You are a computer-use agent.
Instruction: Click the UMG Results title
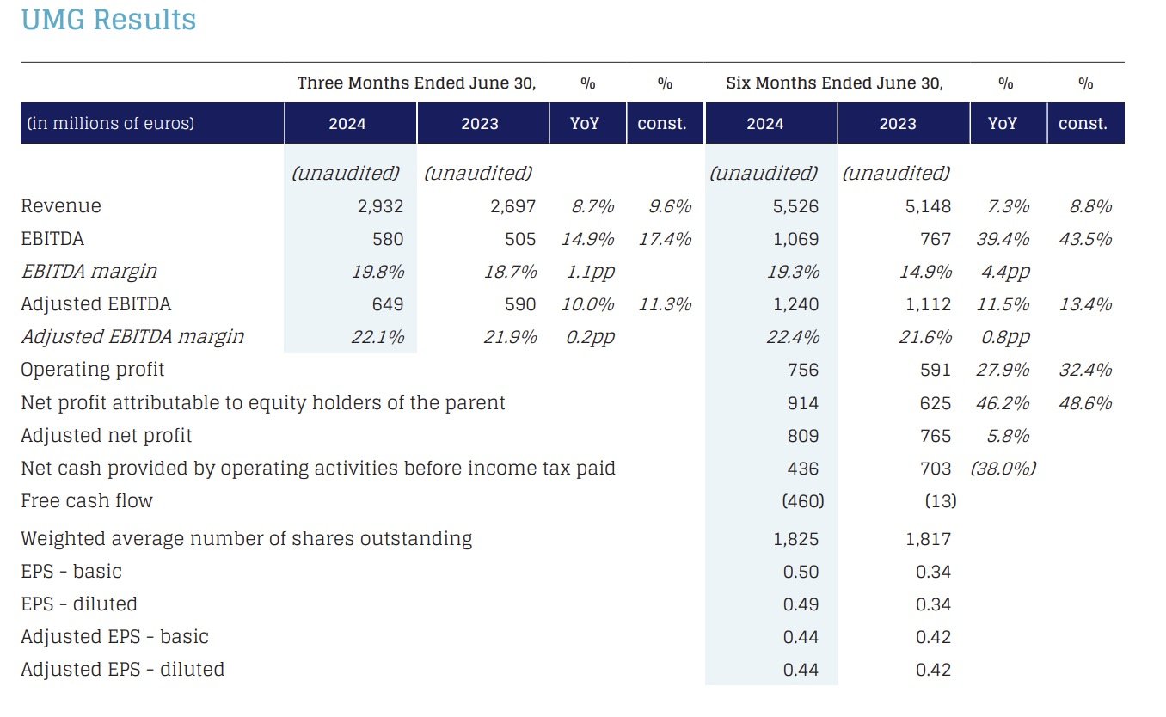click(108, 20)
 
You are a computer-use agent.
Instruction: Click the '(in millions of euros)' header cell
click(110, 123)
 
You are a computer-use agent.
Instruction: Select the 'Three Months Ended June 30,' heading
click(416, 83)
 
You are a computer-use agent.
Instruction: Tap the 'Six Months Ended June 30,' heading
click(834, 83)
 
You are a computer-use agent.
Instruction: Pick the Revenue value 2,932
click(380, 206)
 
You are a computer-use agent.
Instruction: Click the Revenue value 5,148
click(928, 206)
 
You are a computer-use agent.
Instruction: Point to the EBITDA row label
click(52, 239)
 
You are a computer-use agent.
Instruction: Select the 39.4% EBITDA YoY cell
click(1003, 239)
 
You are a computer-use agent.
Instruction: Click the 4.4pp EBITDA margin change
click(1006, 272)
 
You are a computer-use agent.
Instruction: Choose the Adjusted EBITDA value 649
click(388, 304)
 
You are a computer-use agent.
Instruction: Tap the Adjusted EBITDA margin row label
click(132, 337)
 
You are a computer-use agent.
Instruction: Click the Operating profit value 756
click(802, 370)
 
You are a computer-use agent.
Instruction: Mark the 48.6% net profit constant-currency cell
click(1085, 403)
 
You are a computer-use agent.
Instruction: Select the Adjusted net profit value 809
click(802, 436)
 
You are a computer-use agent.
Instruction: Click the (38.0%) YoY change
click(1003, 469)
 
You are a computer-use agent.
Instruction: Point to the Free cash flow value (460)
click(803, 501)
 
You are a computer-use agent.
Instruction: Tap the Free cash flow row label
click(87, 500)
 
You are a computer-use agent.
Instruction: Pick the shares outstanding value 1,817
click(928, 539)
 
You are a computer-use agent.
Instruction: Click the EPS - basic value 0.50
click(801, 572)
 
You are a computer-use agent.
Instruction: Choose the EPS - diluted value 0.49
click(801, 604)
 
